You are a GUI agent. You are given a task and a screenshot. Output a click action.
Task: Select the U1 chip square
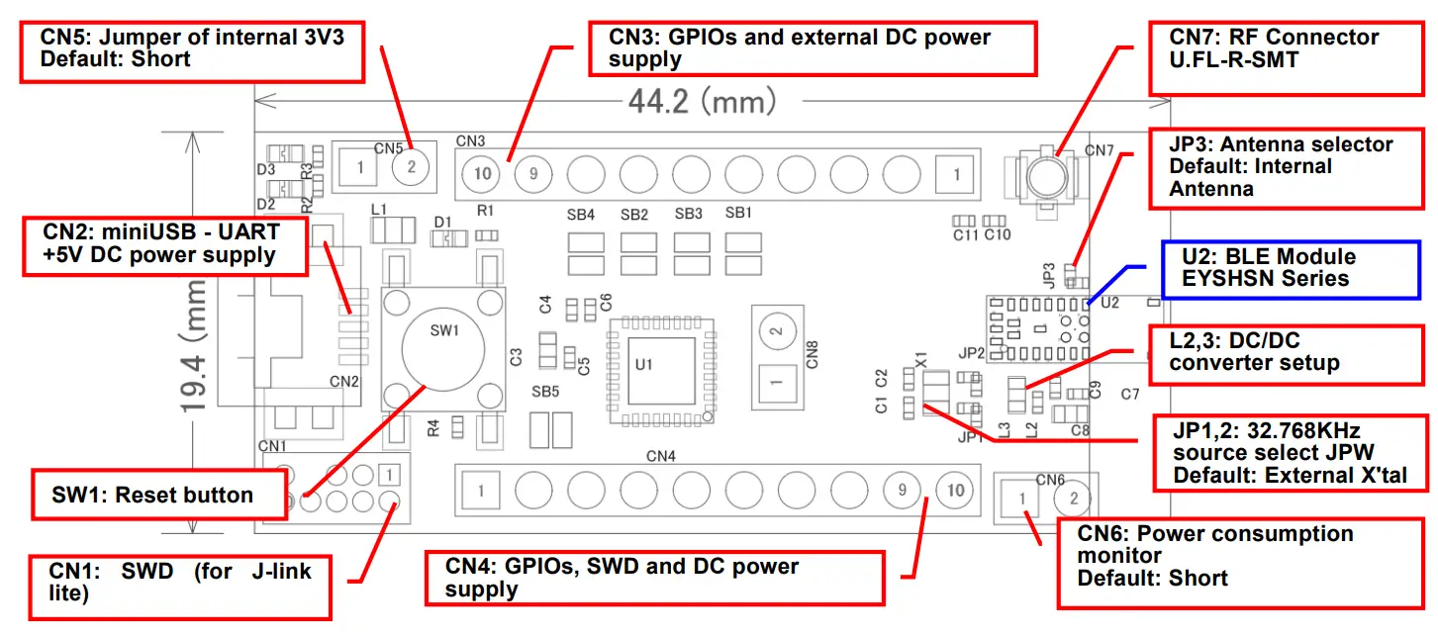661,368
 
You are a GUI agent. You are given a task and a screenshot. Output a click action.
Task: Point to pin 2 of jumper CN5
412,167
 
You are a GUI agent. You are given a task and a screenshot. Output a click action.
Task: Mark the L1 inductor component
393,232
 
